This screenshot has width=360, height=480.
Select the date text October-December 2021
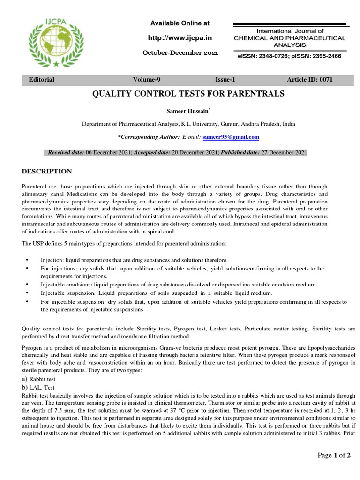(180, 53)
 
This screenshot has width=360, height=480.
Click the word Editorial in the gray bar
(42, 79)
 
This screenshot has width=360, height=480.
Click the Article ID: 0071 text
(310, 79)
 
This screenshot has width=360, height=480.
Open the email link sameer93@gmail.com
(231, 137)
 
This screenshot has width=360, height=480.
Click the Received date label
(66, 153)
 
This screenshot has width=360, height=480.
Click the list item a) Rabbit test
(41, 379)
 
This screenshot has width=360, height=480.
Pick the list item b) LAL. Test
(38, 387)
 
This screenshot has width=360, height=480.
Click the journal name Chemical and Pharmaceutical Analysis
(289, 38)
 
